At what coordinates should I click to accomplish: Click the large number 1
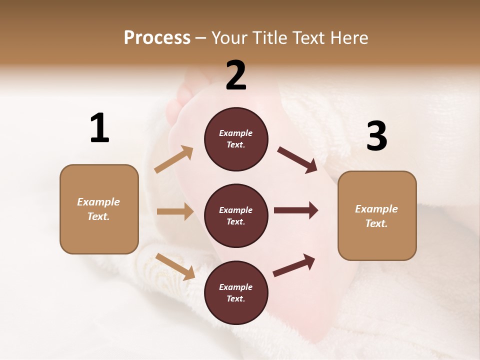point(99,128)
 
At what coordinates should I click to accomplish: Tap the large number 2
point(236,75)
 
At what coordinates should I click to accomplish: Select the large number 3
point(376,136)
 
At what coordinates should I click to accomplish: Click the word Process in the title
point(157,37)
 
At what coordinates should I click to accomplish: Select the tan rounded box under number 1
point(99,209)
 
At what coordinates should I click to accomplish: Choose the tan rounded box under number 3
point(377,215)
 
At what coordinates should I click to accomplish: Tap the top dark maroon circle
point(236,139)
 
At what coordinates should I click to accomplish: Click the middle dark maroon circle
point(236,215)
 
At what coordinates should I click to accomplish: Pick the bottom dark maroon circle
point(236,292)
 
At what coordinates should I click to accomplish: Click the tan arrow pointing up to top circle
point(174,159)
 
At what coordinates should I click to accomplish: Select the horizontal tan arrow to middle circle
point(175,211)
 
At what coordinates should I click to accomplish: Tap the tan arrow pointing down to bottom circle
point(175,266)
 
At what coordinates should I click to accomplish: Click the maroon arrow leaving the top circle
point(297,160)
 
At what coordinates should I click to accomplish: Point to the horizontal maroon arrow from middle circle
point(295,210)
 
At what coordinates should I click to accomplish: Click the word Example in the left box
point(98,202)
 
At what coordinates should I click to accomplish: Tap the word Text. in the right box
point(376,223)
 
